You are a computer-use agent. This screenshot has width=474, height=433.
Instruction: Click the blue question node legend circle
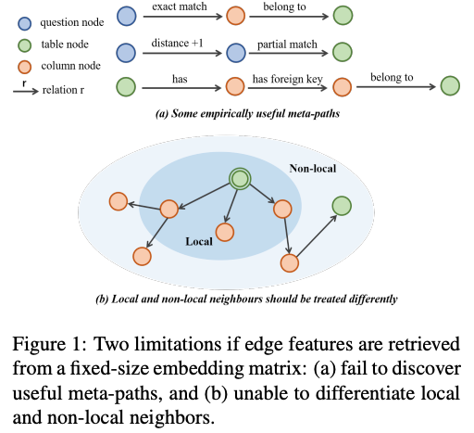click(x=25, y=23)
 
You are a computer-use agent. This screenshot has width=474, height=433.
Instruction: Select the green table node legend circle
click(x=25, y=45)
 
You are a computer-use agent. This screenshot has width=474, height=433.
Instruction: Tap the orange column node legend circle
click(x=25, y=67)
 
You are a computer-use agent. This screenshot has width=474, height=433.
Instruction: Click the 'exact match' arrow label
click(x=180, y=6)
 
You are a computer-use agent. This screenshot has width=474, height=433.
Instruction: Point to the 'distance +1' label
click(x=177, y=43)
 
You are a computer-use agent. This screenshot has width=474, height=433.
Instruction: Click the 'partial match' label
click(x=287, y=45)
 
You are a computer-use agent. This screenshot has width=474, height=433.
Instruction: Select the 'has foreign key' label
click(x=288, y=79)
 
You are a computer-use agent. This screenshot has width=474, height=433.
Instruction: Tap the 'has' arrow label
click(x=180, y=79)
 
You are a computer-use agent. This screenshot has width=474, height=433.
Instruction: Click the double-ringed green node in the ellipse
click(x=240, y=179)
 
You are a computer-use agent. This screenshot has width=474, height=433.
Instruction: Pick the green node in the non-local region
click(x=342, y=206)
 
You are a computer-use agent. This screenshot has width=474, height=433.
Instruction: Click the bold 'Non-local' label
click(x=313, y=169)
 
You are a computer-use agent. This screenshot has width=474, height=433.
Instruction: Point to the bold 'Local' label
click(x=199, y=241)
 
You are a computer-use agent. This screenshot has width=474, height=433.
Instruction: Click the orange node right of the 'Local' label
click(x=225, y=232)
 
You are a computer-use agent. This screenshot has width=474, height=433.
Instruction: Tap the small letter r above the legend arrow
click(x=24, y=83)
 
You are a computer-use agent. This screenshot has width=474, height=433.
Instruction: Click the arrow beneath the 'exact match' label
click(x=182, y=17)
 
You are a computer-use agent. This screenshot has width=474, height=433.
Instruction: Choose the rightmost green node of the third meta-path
click(x=450, y=86)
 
